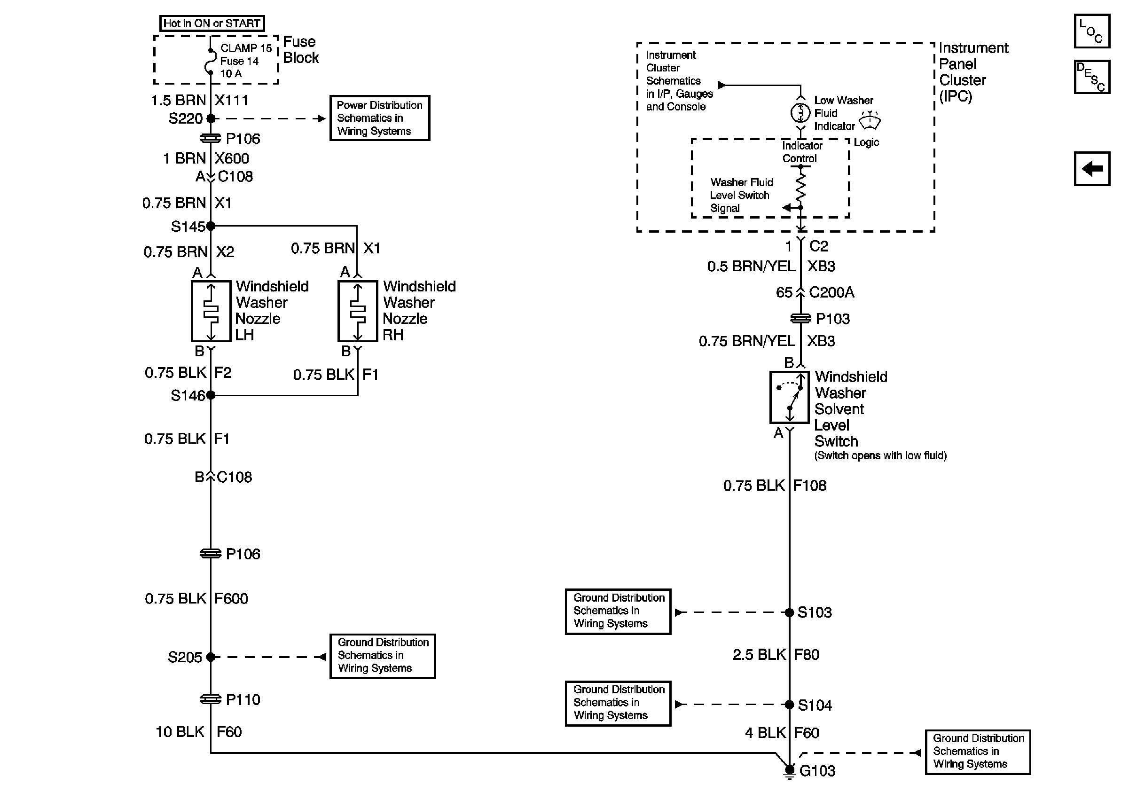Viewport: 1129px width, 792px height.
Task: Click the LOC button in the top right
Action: coord(1091,31)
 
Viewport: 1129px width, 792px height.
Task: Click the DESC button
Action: coord(1091,77)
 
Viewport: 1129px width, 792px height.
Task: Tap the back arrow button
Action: coord(1091,169)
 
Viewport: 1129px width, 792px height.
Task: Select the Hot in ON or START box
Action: coord(212,23)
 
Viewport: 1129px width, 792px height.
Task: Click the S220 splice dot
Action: coord(211,118)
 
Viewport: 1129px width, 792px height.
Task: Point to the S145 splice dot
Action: coord(211,226)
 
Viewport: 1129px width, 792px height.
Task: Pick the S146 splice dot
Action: coord(211,395)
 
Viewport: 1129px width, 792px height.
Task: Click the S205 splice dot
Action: coord(211,657)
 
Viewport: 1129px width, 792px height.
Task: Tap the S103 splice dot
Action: coord(789,612)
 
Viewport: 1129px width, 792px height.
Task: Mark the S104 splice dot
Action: coord(789,705)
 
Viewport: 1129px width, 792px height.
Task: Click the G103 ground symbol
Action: coord(789,771)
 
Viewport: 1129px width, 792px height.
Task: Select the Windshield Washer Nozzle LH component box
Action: coord(211,311)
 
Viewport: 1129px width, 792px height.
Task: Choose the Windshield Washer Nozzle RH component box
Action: coord(358,311)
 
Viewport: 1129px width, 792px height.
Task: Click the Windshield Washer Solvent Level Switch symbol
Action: coord(789,397)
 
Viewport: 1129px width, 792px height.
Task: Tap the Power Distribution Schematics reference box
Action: coord(380,118)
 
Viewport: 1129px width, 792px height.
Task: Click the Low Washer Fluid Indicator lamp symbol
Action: coord(800,113)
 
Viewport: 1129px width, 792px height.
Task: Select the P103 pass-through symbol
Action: coord(800,319)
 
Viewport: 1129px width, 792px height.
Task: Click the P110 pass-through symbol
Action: coord(211,699)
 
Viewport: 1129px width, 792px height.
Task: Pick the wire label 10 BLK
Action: coord(180,732)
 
